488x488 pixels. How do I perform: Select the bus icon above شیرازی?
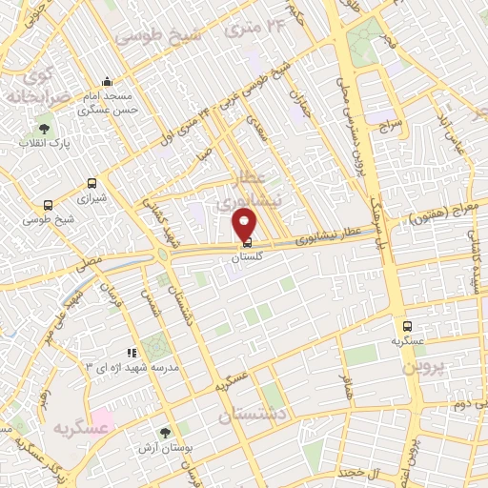(x=91, y=183)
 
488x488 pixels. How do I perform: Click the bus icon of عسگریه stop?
(x=407, y=326)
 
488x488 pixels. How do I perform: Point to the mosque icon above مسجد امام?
(x=107, y=81)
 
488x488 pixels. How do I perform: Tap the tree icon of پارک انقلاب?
(x=44, y=128)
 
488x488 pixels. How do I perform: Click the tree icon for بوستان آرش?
(x=166, y=434)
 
